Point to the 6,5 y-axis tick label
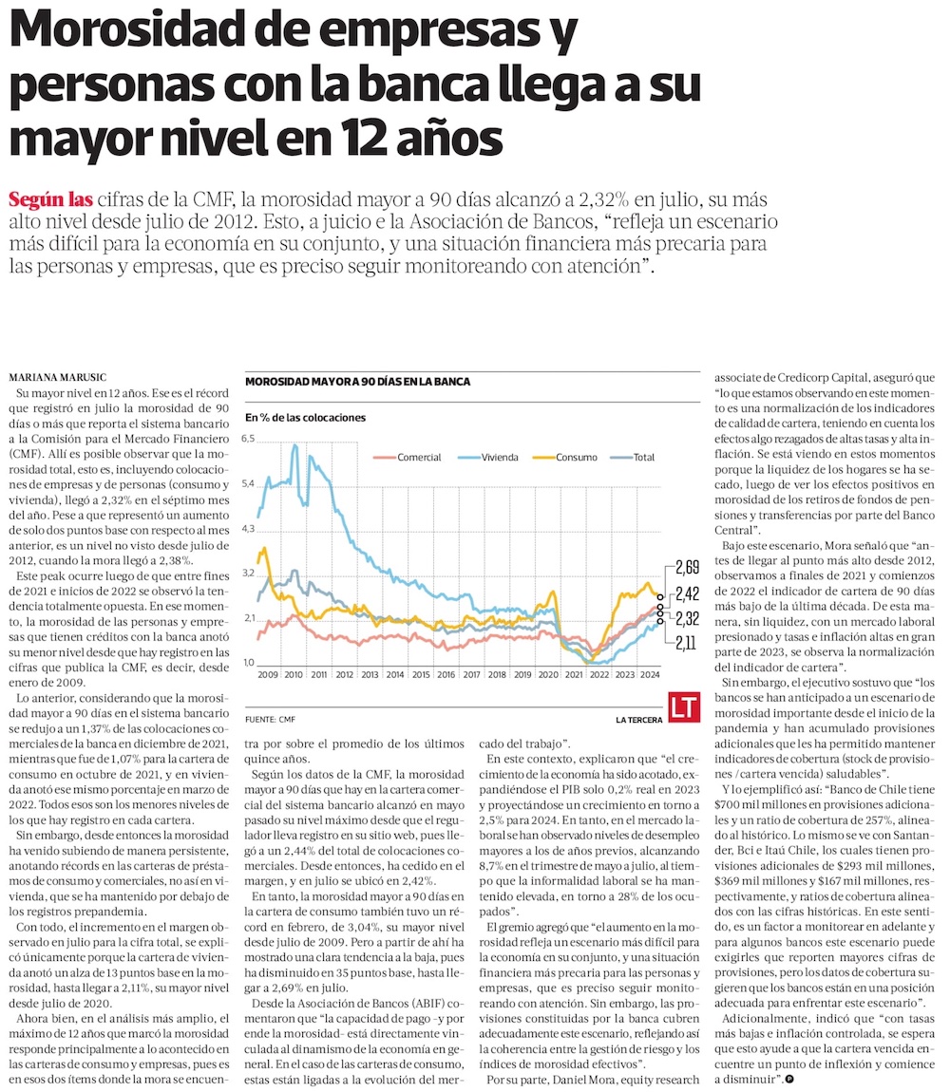249,439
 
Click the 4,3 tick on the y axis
249,528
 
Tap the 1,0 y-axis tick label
249,663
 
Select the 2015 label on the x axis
420,676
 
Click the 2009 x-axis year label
267,676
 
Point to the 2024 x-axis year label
650,676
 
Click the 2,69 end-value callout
687,569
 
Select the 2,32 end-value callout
687,619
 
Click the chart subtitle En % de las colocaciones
305,417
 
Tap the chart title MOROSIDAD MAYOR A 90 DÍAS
357,382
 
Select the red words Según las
50,200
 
